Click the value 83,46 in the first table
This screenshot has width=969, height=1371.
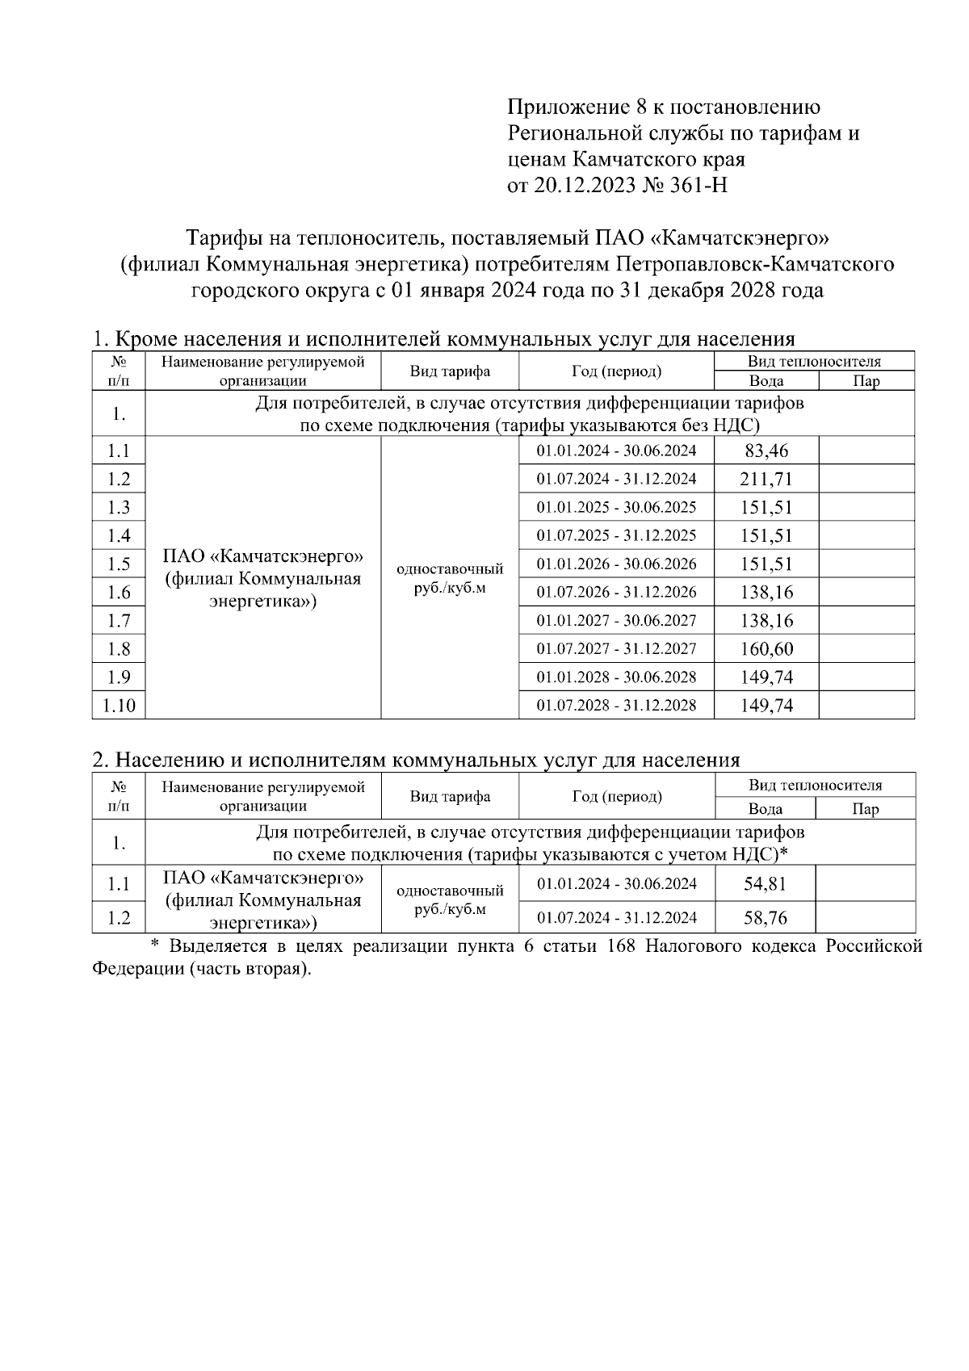click(766, 451)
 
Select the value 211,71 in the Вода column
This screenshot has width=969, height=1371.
click(766, 479)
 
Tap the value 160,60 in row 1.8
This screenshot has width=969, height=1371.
click(766, 648)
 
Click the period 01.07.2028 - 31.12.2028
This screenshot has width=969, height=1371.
click(616, 705)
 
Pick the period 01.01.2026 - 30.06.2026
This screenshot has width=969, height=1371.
click(616, 564)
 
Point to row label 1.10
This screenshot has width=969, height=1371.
click(119, 705)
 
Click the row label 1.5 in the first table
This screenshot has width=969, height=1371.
click(119, 564)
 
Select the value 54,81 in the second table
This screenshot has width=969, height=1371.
click(765, 883)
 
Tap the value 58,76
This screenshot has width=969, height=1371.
click(765, 918)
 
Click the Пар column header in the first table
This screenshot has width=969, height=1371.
click(866, 381)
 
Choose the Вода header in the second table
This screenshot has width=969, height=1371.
click(765, 808)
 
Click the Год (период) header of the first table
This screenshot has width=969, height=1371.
click(616, 371)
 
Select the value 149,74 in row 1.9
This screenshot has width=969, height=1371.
click(766, 677)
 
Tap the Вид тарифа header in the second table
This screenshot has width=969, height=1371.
click(450, 796)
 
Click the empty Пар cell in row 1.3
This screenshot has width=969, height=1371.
click(866, 507)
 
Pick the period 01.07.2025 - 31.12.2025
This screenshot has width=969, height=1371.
click(616, 535)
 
